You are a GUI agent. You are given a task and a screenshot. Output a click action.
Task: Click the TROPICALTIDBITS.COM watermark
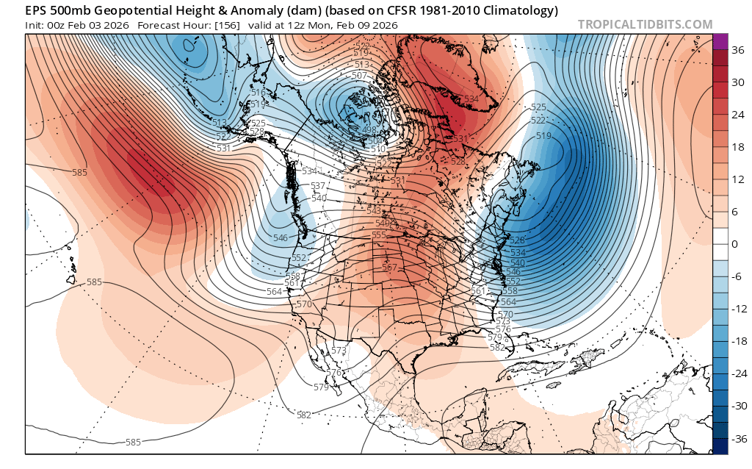[645, 24]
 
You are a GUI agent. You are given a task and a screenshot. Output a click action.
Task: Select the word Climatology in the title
[522, 10]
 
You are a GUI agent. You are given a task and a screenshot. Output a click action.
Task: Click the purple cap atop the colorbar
[720, 41]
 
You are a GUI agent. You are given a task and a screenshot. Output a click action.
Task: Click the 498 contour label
[369, 130]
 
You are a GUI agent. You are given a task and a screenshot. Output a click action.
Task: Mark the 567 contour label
[390, 268]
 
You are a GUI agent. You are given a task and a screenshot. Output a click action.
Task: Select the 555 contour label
[379, 235]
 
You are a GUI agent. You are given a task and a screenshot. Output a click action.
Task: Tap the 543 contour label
[373, 211]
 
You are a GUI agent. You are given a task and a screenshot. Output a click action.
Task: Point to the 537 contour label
[318, 186]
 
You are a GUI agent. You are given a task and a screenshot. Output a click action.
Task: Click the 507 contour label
[359, 76]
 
